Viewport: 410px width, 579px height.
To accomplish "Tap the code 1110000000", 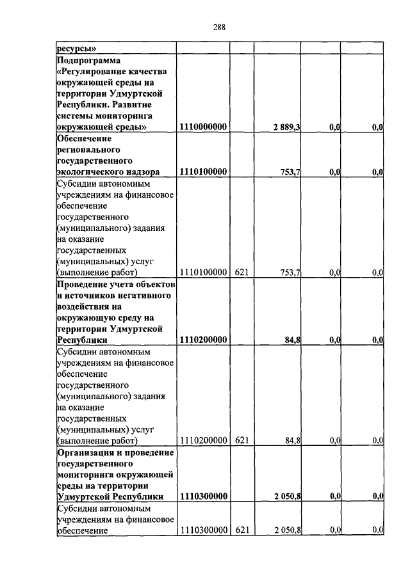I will [x=204, y=128].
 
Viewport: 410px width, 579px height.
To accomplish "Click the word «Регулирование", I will [x=88, y=71].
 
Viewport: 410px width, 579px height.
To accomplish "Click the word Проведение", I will [x=82, y=283].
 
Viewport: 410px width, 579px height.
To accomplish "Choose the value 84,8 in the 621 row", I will [x=293, y=440].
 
